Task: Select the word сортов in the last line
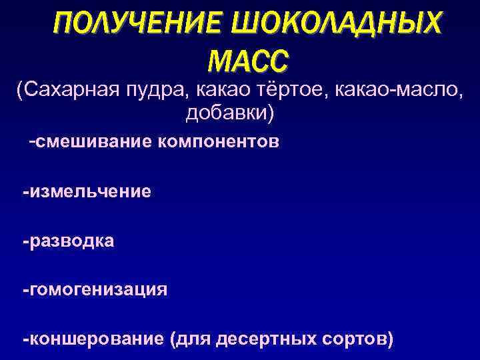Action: coord(355,339)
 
